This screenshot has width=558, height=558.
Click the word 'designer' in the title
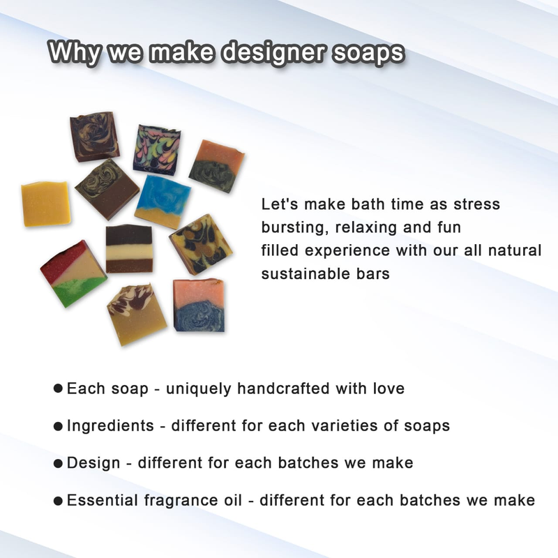click(273, 53)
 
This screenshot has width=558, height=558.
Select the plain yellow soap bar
click(45, 204)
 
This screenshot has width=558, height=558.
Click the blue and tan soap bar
click(163, 201)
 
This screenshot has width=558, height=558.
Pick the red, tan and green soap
click(73, 273)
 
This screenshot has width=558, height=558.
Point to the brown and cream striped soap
click(130, 249)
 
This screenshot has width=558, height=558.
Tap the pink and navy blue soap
click(199, 306)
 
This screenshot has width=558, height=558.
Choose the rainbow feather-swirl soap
click(158, 149)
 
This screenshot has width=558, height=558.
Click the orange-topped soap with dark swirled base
click(216, 166)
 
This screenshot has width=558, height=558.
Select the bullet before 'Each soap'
click(58, 388)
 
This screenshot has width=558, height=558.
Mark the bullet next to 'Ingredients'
click(58, 425)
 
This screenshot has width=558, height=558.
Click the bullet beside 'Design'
click(58, 463)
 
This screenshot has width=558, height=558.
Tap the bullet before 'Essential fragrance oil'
click(58, 501)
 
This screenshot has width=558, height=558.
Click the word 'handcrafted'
click(283, 388)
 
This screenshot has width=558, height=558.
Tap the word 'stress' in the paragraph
click(476, 204)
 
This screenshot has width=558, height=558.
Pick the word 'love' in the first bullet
click(389, 388)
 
